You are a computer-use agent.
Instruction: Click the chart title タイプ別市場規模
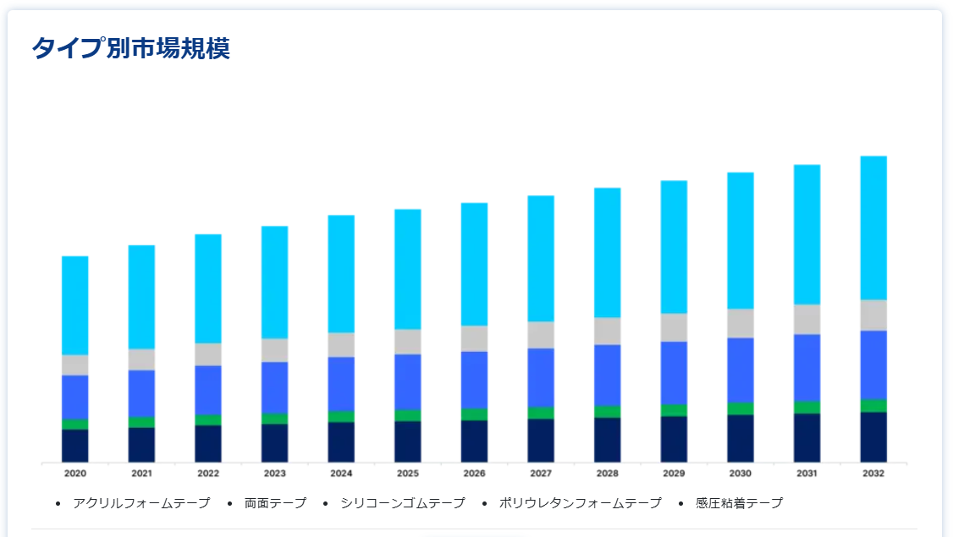click(130, 49)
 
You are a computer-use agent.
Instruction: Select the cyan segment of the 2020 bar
click(75, 304)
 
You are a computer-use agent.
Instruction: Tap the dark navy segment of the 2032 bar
click(873, 436)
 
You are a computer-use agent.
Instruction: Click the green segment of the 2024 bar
click(341, 416)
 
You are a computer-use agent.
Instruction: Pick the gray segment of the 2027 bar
click(541, 335)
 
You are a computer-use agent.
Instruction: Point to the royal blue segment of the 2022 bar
click(208, 390)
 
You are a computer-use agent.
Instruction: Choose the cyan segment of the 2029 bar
click(674, 247)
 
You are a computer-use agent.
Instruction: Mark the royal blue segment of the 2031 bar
click(807, 367)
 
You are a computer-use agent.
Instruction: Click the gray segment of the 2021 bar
click(141, 359)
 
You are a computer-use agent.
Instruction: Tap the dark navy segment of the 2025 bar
click(408, 441)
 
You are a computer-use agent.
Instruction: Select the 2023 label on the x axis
click(274, 474)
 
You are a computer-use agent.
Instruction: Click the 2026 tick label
click(474, 474)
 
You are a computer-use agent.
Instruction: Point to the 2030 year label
click(741, 474)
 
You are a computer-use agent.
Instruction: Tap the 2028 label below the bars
click(607, 474)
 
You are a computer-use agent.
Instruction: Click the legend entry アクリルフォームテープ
click(141, 503)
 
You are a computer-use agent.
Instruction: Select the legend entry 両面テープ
click(275, 503)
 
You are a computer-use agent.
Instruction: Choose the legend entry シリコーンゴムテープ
click(403, 503)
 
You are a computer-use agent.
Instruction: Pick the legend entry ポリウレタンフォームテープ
click(580, 503)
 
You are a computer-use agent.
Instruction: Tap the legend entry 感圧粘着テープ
click(739, 503)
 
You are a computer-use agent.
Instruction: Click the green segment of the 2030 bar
click(741, 408)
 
